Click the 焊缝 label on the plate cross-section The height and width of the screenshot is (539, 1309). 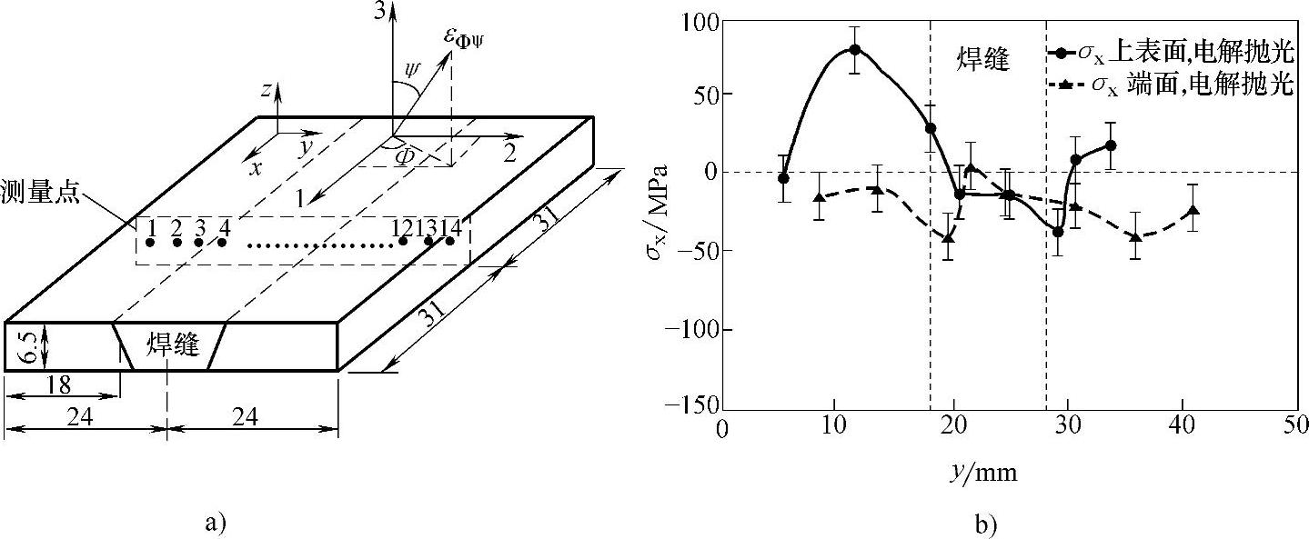[x=173, y=344]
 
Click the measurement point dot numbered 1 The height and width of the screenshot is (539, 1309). [x=150, y=243]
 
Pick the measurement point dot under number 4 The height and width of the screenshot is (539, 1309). [x=222, y=243]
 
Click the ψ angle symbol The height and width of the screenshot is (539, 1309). [x=413, y=71]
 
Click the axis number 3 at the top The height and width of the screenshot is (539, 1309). [x=380, y=12]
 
